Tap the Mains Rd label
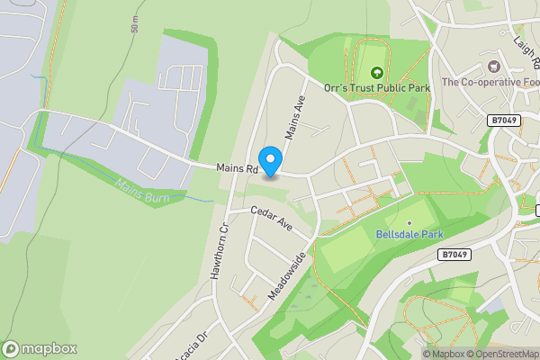[x=237, y=168]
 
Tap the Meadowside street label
[x=288, y=275]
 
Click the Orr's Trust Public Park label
[x=377, y=87]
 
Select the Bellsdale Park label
[x=409, y=235]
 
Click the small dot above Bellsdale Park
[x=409, y=222]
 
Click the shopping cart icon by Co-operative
[x=494, y=66]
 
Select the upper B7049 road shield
[x=505, y=121]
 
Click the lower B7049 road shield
[x=455, y=256]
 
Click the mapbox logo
[x=40, y=348]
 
